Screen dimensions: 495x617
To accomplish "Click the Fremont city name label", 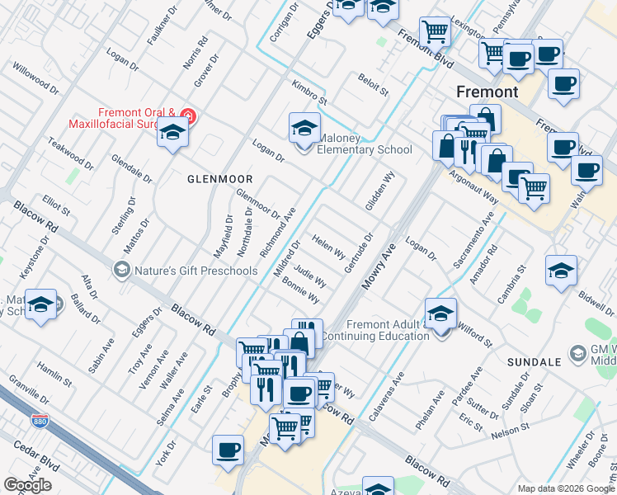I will [488, 91].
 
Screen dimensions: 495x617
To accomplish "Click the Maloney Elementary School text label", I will [363, 149].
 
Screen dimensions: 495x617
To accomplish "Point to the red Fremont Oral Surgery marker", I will [189, 116].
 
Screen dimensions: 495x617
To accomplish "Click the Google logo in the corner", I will [27, 485].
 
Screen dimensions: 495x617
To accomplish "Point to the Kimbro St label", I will [309, 92].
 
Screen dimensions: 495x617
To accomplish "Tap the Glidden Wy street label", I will [381, 191].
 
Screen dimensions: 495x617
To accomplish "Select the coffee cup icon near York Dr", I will [228, 451].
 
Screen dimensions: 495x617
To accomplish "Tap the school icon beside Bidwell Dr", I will [561, 270].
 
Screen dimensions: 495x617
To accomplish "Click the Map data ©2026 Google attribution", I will [566, 488].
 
